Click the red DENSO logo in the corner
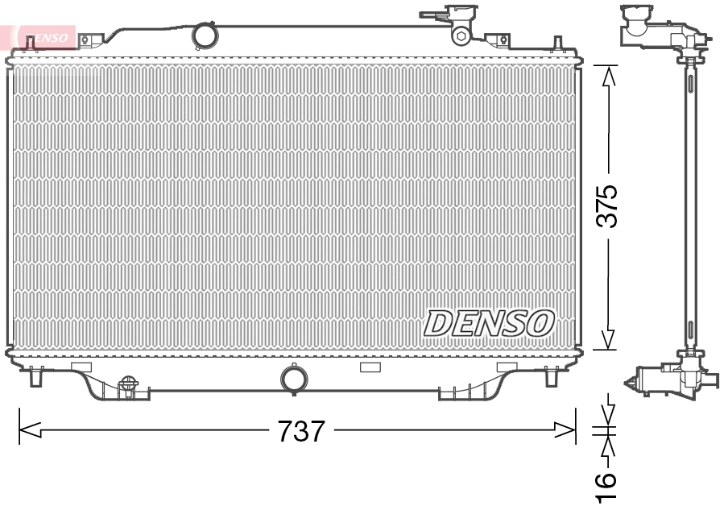point(40,37)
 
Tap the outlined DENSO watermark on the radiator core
point(489,323)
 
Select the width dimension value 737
point(301,432)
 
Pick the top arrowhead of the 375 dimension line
point(610,76)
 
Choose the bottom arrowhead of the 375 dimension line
point(610,339)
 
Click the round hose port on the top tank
point(205,35)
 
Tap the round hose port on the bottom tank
point(293,379)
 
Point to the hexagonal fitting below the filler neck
point(461,35)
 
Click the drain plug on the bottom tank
point(126,387)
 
